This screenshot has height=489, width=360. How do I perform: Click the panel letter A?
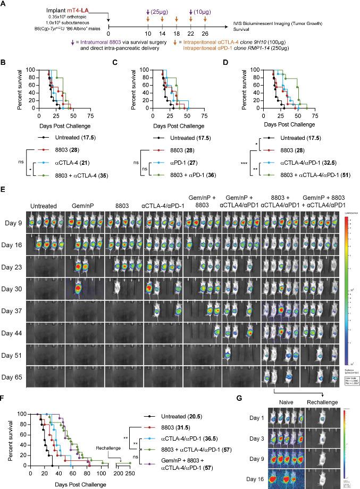(x=4, y=4)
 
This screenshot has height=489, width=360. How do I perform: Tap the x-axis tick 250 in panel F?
(x=129, y=473)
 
